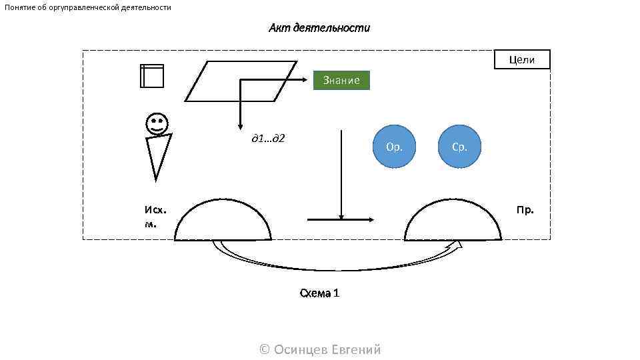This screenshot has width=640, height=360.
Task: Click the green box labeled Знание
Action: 341,81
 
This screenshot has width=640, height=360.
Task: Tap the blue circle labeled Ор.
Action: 394,147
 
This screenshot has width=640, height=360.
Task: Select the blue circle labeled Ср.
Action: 459,147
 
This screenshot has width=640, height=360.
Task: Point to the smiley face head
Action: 157,123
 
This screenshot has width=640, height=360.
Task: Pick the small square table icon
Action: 152,76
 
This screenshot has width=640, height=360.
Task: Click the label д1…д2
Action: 268,138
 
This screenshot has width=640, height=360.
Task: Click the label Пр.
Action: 525,210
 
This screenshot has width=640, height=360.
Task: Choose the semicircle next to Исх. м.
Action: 223,222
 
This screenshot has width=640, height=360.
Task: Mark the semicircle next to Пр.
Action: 453,222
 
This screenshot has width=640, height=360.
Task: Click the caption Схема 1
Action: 319,293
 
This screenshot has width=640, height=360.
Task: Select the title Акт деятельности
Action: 319,28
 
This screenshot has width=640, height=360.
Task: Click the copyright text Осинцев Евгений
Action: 319,349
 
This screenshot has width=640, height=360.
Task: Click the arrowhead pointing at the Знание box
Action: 309,80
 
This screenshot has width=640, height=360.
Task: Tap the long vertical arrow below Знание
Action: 341,173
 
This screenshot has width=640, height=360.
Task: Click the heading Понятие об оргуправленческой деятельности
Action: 88,7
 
